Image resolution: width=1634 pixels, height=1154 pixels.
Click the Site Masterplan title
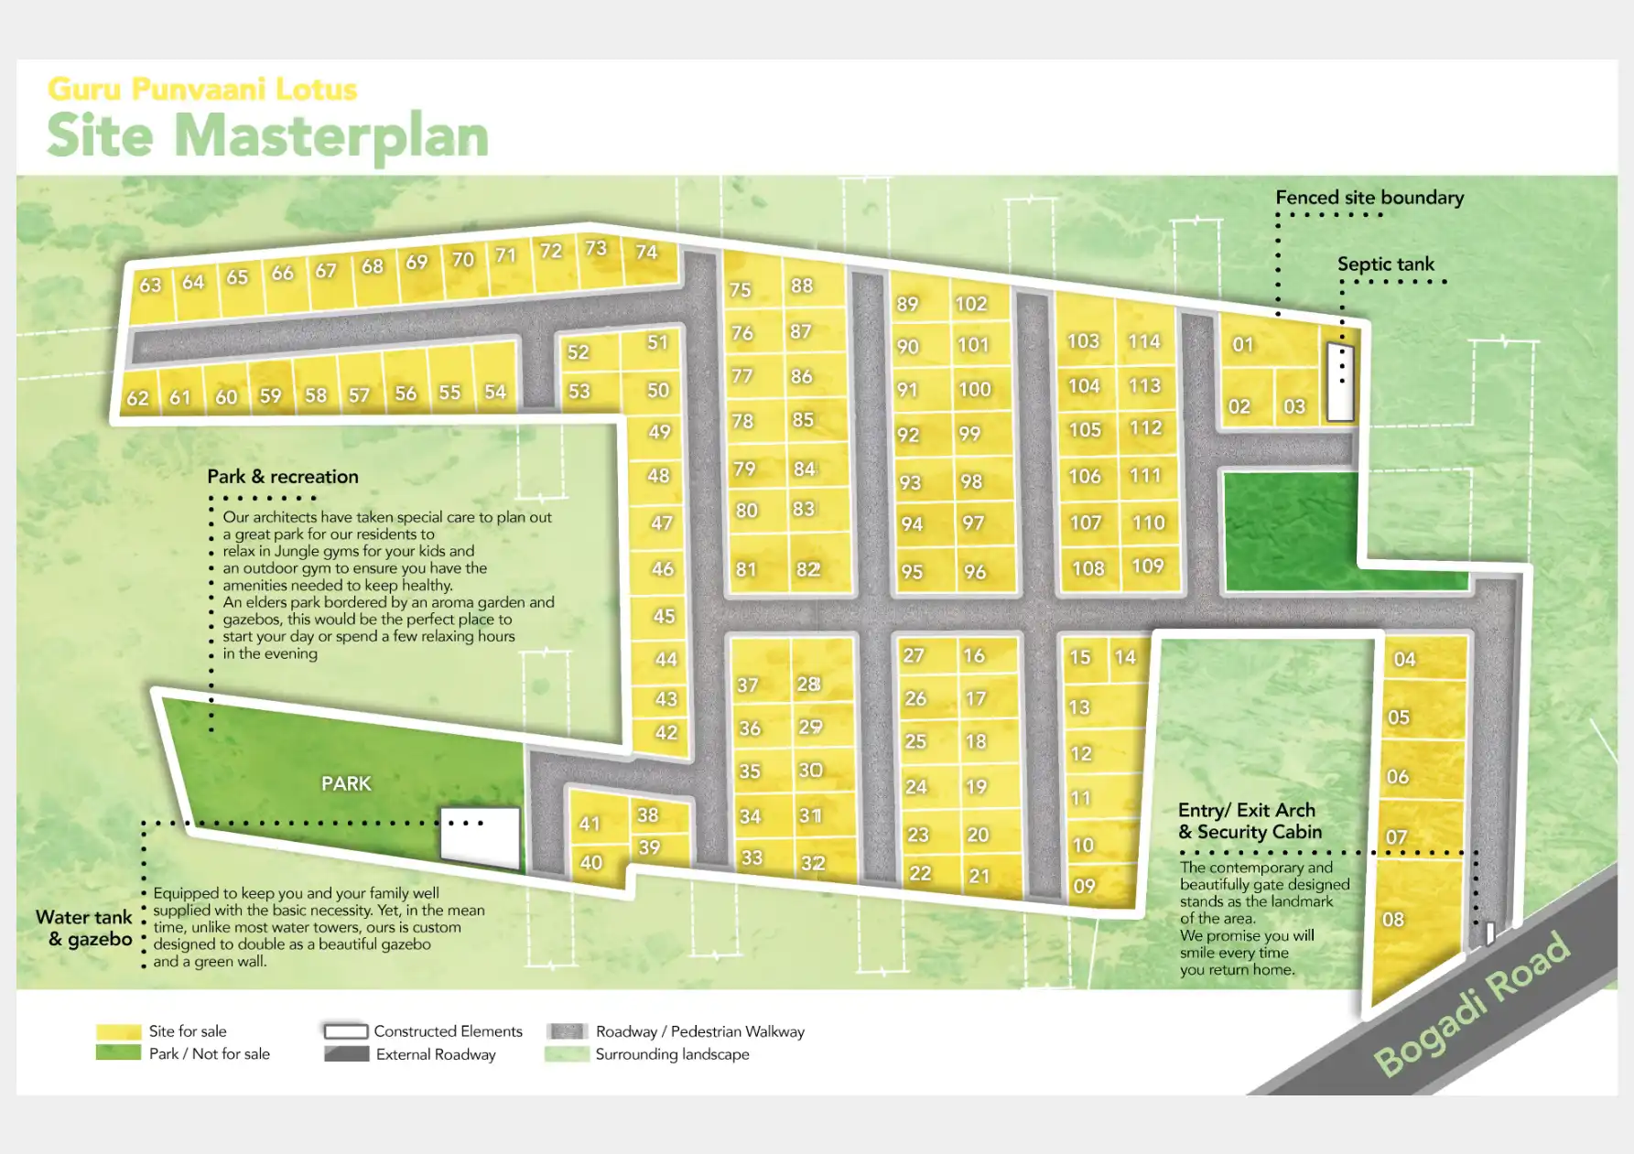pyautogui.click(x=267, y=136)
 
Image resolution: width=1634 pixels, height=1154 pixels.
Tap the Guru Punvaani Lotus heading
pyautogui.click(x=202, y=89)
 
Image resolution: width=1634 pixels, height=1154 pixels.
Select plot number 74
pyautogui.click(x=646, y=252)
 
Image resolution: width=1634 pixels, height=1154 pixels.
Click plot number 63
pyautogui.click(x=150, y=286)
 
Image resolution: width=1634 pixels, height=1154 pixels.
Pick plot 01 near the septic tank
pyautogui.click(x=1242, y=345)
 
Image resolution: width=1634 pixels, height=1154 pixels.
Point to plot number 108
pyautogui.click(x=1088, y=568)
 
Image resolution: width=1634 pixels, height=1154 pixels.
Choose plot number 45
pyautogui.click(x=664, y=616)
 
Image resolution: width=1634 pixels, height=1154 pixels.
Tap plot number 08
pyautogui.click(x=1393, y=920)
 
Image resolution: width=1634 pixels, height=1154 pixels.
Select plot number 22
pyautogui.click(x=920, y=873)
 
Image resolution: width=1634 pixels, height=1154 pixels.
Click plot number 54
pyautogui.click(x=495, y=392)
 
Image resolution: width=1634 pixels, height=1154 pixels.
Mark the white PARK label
pyautogui.click(x=346, y=783)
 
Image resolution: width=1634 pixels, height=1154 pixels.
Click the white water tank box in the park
pyautogui.click(x=480, y=836)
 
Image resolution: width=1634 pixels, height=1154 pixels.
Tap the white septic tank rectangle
pyautogui.click(x=1340, y=383)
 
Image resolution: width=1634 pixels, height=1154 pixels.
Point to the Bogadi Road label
pyautogui.click(x=1473, y=1003)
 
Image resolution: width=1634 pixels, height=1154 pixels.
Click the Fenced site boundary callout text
pyautogui.click(x=1369, y=198)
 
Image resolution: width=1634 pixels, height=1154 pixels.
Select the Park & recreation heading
pyautogui.click(x=283, y=477)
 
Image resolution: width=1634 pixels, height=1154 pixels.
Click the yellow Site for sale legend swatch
pyautogui.click(x=118, y=1031)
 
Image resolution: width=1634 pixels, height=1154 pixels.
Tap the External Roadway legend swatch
pyautogui.click(x=346, y=1054)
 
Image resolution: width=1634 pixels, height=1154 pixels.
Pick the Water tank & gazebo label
pyautogui.click(x=85, y=928)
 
